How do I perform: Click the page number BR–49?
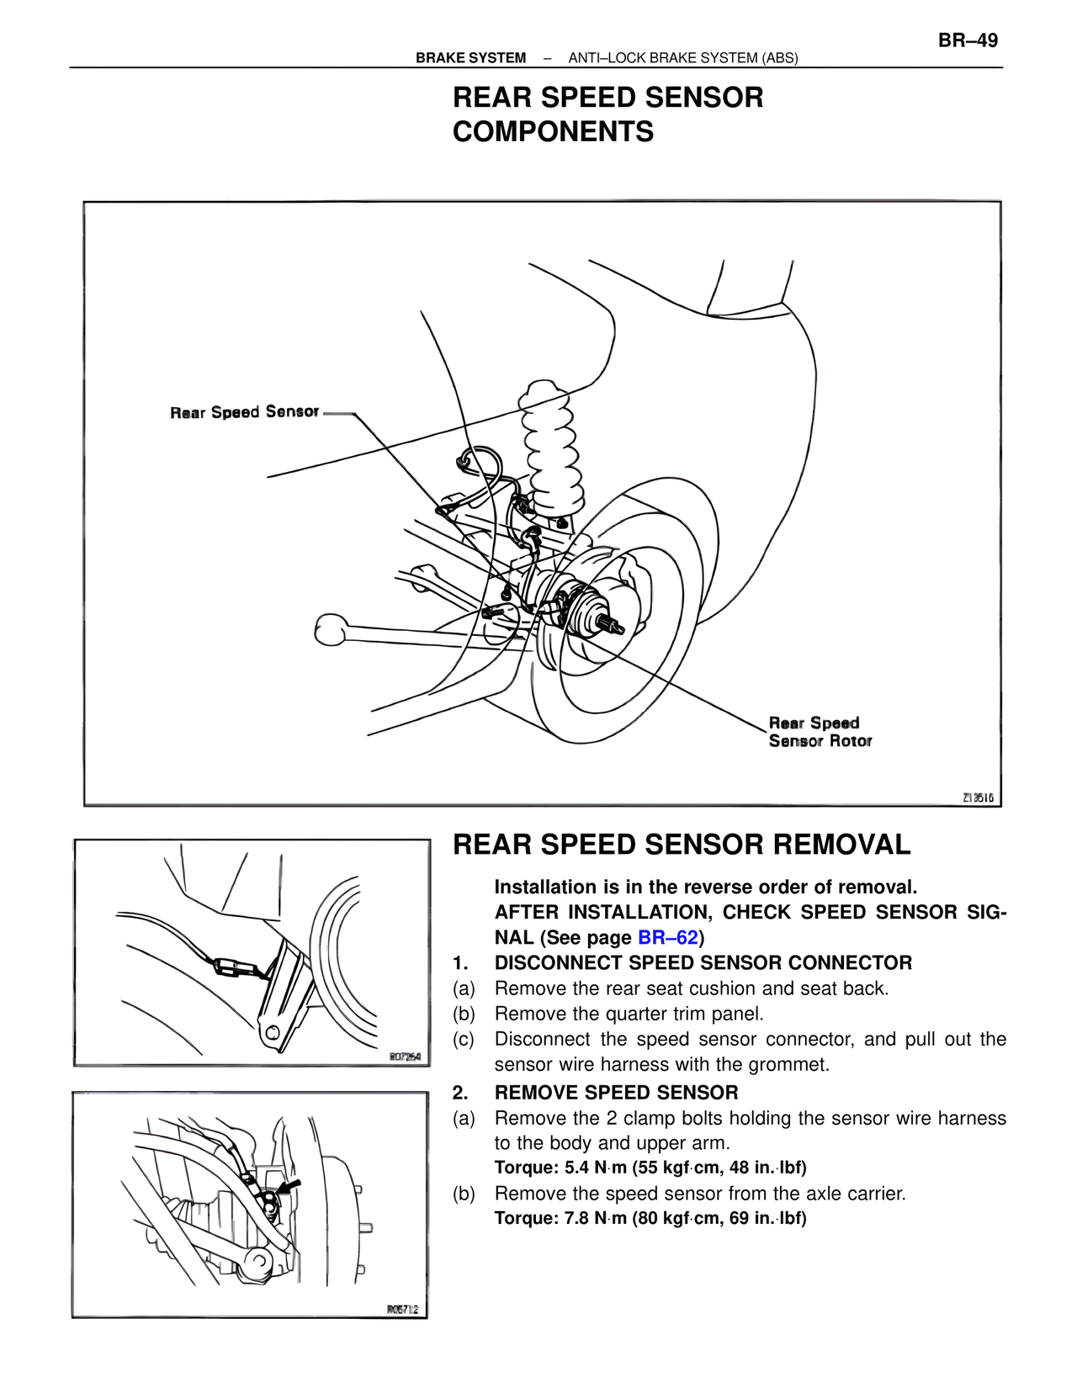coord(968,40)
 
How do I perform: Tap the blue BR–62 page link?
coord(668,937)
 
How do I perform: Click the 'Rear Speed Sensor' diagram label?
coord(245,412)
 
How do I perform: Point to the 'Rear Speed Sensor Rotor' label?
coord(820,732)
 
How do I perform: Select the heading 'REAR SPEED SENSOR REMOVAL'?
coord(682,845)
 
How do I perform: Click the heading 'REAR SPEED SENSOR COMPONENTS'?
coord(607,114)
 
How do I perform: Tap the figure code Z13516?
coord(978,797)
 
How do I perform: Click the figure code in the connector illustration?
coord(405,1057)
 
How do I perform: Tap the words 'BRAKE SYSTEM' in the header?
coord(470,58)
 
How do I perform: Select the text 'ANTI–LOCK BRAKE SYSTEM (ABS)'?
coord(683,58)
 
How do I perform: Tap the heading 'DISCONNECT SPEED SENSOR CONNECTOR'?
coord(703,962)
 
